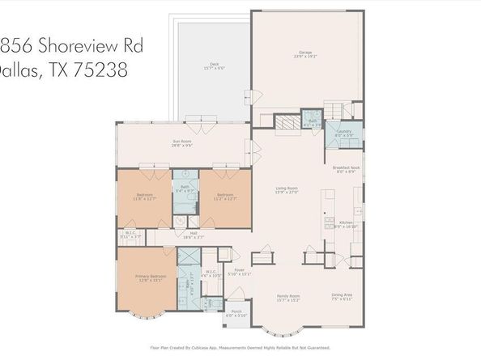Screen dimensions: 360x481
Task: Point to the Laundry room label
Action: [343, 130]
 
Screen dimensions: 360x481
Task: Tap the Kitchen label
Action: [344, 222]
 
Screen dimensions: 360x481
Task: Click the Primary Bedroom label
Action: [151, 277]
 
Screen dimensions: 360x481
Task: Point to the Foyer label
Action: [240, 271]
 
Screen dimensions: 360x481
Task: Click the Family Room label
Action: [289, 297]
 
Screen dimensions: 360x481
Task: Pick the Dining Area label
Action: [343, 296]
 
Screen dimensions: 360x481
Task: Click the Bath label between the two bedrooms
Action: [185, 188]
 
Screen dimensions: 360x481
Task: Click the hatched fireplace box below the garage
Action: [287, 123]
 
